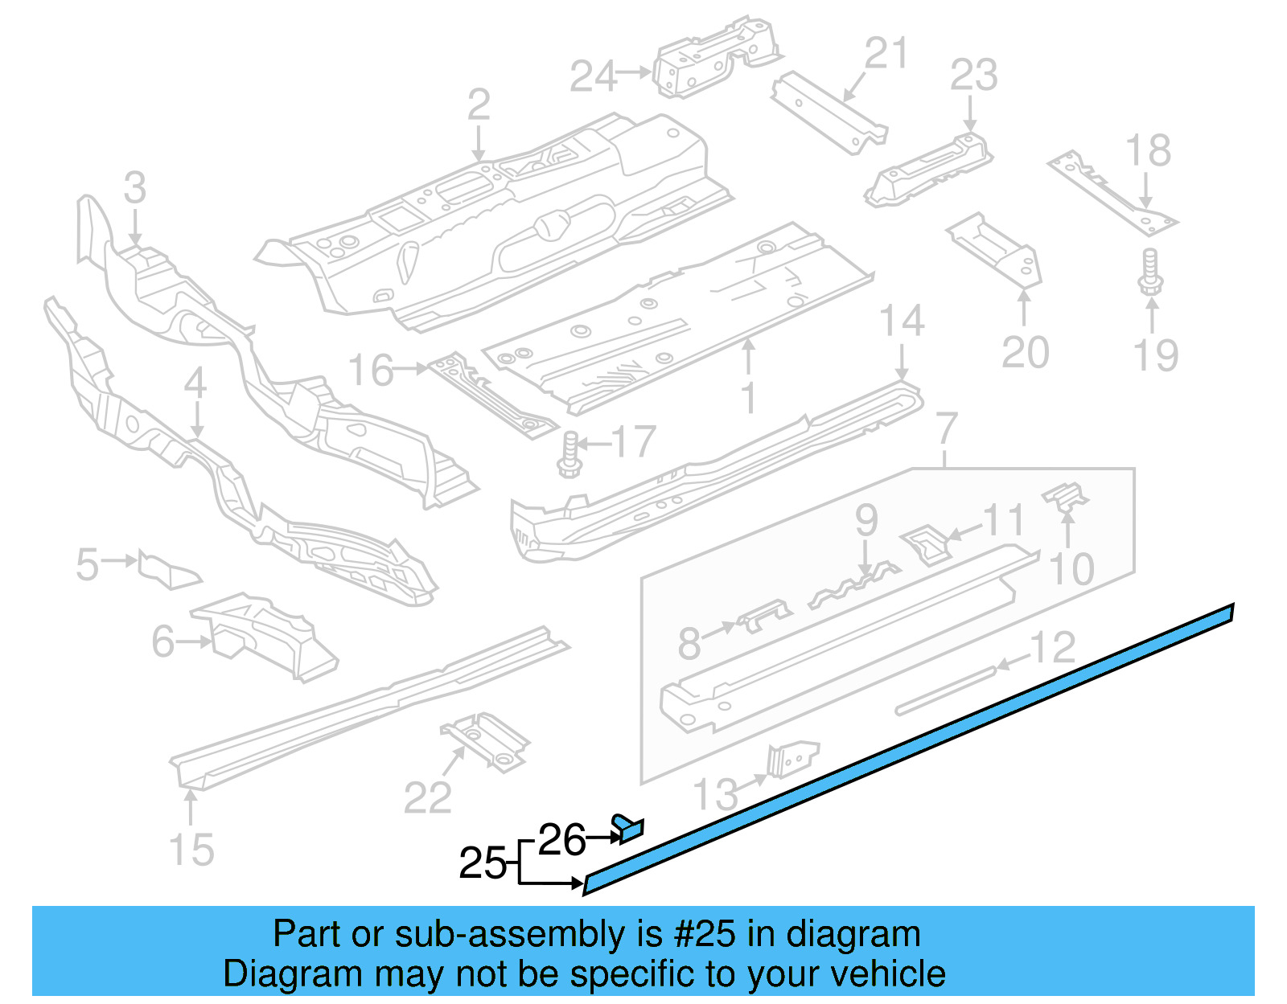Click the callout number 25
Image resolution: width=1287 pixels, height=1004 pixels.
coord(482,863)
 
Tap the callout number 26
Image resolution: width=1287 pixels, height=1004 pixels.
coord(561,840)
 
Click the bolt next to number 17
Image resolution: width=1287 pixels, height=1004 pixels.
coord(569,454)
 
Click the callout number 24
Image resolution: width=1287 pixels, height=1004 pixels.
coord(594,76)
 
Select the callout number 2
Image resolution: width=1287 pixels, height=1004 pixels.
coord(479,105)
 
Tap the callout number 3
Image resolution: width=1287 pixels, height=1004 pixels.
coord(135,188)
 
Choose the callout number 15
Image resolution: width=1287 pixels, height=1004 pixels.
coord(191,849)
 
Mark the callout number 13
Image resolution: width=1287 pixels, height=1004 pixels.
coord(715,794)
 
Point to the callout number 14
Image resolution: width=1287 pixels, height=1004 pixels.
coord(902,321)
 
